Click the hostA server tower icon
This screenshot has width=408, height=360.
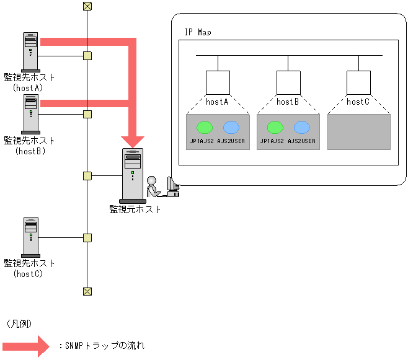pos(31,52)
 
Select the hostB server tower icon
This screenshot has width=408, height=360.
pos(31,114)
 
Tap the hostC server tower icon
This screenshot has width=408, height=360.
pos(31,237)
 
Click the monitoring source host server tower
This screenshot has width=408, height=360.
pos(133,176)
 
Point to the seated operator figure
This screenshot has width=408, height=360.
pos(154,187)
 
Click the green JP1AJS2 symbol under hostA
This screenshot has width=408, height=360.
pos(205,128)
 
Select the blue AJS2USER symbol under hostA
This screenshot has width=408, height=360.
pos(231,128)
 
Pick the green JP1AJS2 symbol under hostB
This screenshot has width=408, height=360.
pos(275,128)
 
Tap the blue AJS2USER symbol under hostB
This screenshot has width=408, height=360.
pos(301,128)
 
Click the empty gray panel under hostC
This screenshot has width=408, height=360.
pos(359,132)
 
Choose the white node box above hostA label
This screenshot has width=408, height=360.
pos(218,82)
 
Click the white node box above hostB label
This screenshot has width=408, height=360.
pos(288,82)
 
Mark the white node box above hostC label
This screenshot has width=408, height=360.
pos(358,82)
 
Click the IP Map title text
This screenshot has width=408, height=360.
pos(198,32)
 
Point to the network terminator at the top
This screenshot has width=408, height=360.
pos(87,6)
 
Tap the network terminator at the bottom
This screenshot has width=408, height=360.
pos(87,292)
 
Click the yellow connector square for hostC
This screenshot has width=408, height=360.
pos(87,238)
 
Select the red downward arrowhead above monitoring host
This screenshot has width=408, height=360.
pos(133,142)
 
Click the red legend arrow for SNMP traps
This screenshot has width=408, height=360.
pos(26,346)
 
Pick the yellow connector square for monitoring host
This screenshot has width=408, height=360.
pos(87,176)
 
